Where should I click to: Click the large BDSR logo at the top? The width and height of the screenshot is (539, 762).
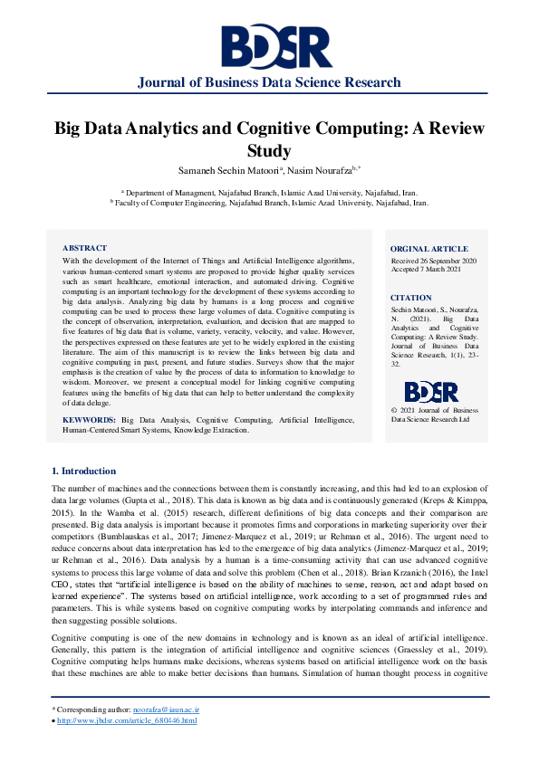tap(269, 46)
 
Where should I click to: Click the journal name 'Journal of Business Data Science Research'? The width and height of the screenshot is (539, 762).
tap(269, 82)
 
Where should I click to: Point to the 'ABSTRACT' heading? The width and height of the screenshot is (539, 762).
tap(84, 248)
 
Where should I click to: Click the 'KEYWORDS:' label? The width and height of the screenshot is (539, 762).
tap(89, 421)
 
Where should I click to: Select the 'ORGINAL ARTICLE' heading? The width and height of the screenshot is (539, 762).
tap(429, 249)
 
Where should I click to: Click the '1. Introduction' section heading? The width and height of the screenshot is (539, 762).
tap(83, 471)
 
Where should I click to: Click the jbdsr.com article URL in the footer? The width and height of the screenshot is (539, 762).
tap(127, 720)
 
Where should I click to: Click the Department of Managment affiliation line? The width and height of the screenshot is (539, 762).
tap(269, 193)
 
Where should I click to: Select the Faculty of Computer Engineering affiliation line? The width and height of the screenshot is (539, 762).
tap(269, 203)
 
